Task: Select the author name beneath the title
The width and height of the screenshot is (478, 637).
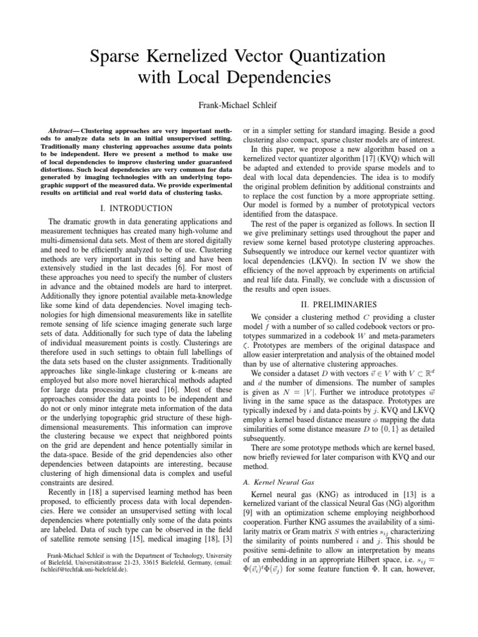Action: tap(238, 105)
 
